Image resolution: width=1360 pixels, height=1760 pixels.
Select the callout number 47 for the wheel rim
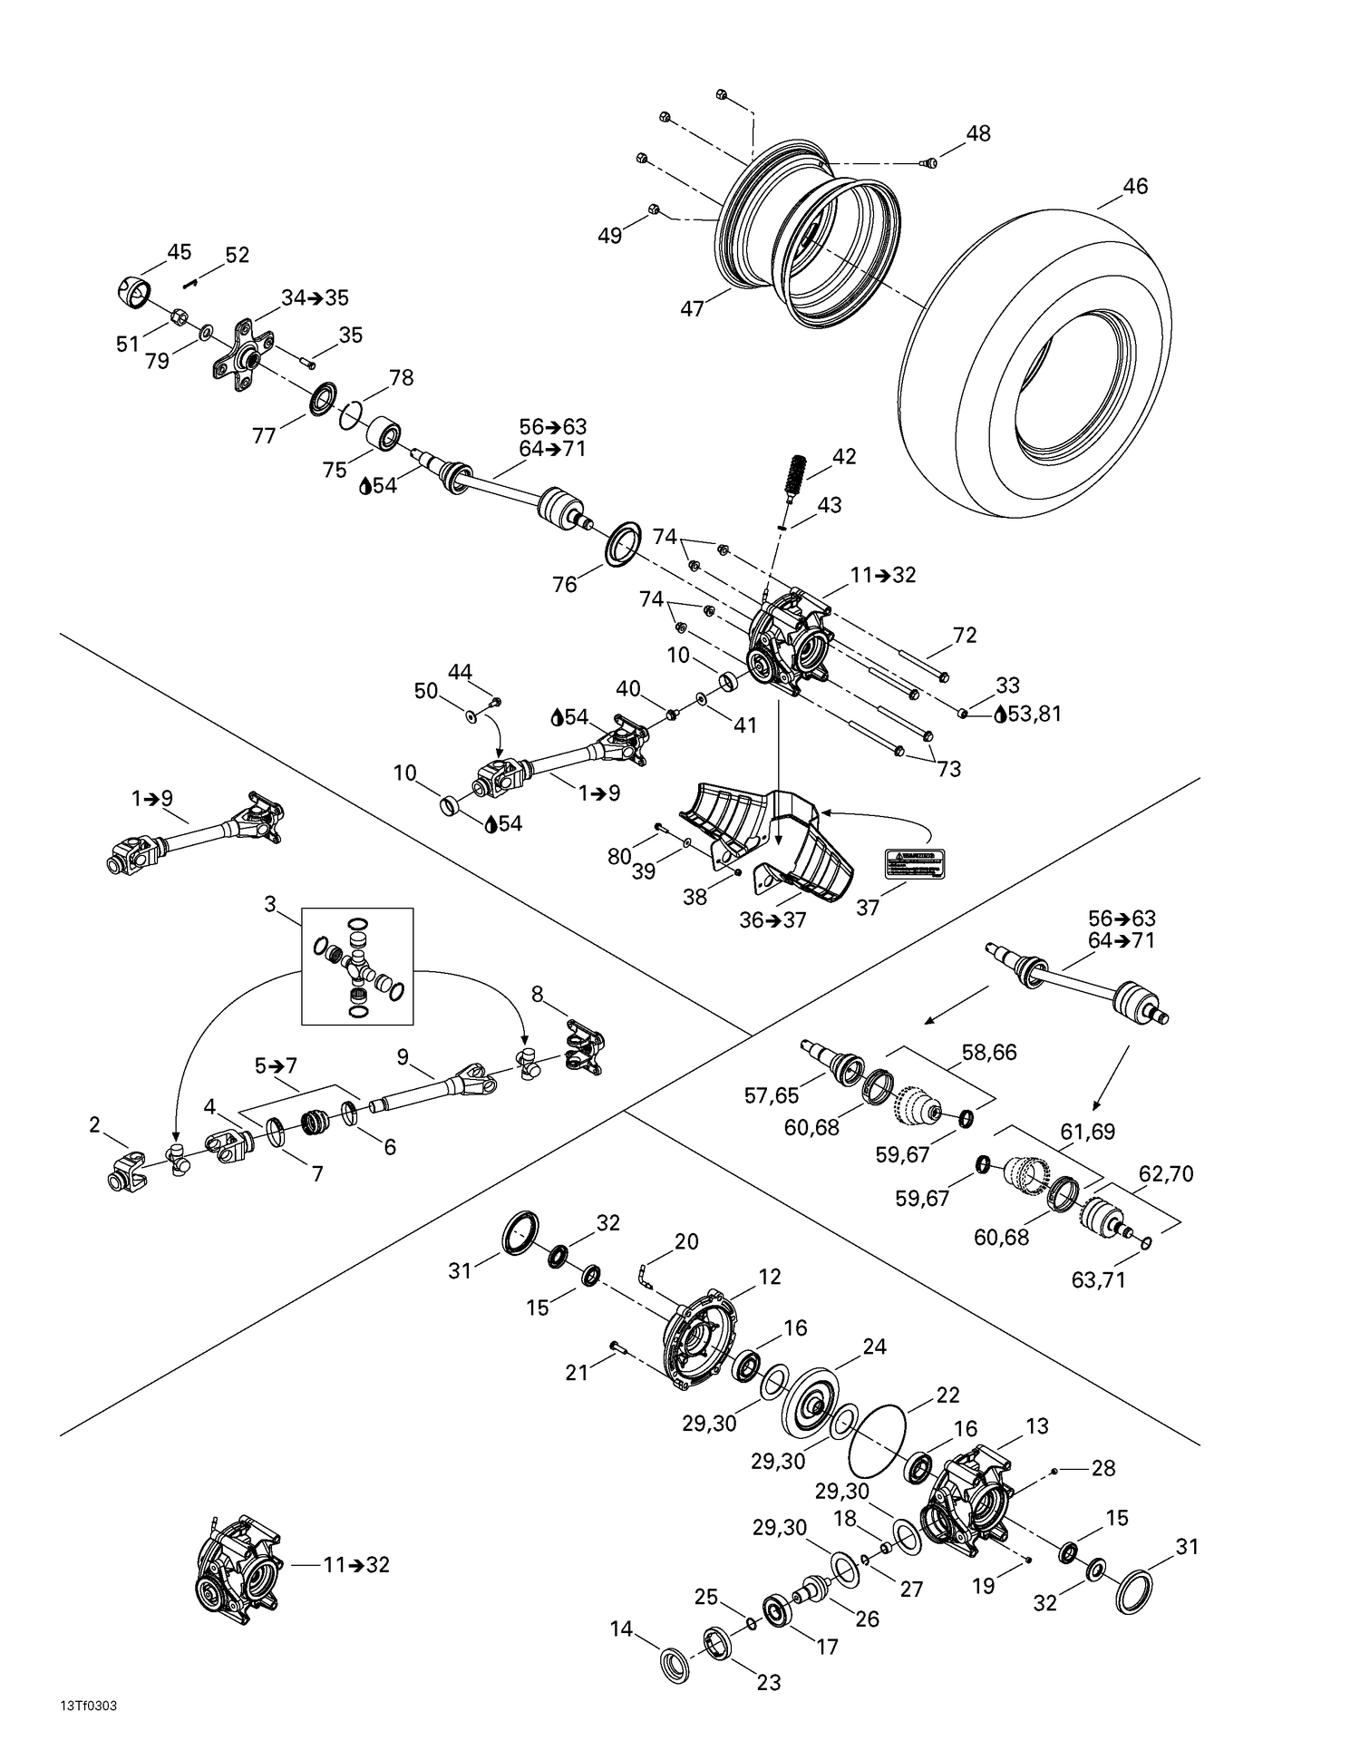[x=692, y=309]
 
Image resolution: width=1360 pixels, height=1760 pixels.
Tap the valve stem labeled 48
[x=928, y=163]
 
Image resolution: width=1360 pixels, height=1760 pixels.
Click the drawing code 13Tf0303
[x=88, y=1705]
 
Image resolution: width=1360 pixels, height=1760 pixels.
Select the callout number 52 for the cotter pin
[x=237, y=256]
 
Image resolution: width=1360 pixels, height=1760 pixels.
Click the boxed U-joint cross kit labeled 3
[x=357, y=966]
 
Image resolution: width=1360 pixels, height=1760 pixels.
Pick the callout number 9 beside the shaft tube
[x=403, y=1056]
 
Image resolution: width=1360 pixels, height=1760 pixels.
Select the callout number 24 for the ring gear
[x=874, y=1347]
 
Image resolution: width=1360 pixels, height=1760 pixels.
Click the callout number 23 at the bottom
[x=768, y=1682]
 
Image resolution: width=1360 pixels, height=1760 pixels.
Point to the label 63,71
[x=1098, y=1280]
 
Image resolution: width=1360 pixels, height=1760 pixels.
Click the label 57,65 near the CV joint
[x=772, y=1095]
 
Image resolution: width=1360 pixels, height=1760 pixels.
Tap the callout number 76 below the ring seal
[x=564, y=585]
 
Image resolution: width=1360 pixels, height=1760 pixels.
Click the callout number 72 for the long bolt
[x=965, y=635]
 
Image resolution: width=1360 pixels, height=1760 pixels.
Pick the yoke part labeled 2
[x=125, y=1171]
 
